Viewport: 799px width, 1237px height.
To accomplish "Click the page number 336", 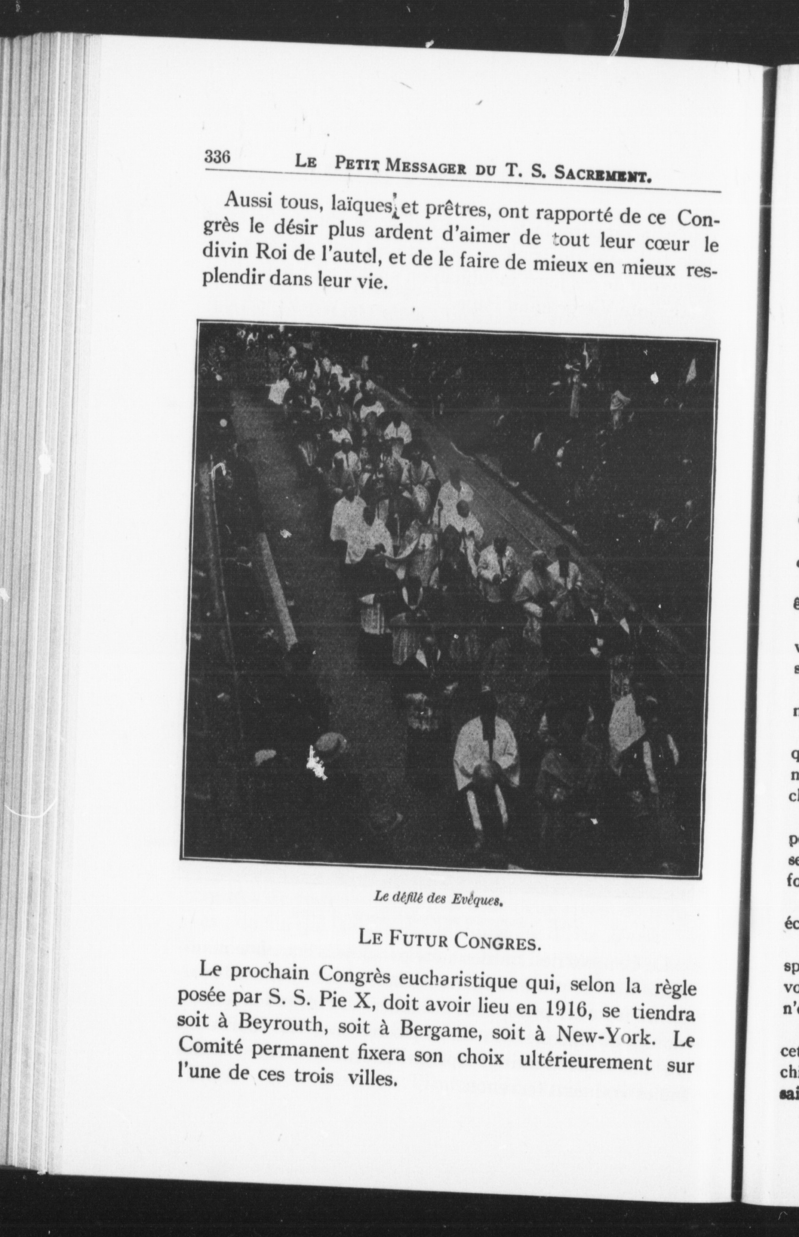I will [x=217, y=157].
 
